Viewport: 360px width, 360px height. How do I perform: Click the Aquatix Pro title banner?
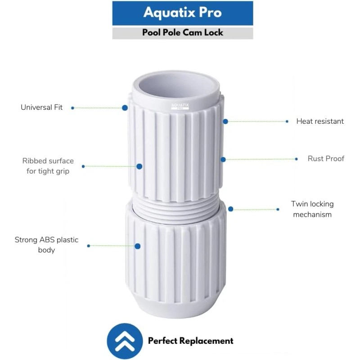point(182,13)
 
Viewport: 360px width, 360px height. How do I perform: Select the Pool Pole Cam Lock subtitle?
point(182,33)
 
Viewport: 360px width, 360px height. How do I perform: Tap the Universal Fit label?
point(41,108)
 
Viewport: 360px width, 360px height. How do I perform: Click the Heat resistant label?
point(319,121)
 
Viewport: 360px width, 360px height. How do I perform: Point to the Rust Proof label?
point(326,158)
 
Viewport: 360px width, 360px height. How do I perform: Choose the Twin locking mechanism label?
point(312,209)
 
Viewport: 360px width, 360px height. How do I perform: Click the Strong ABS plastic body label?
point(46,245)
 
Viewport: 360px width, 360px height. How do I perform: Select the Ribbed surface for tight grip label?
point(48,166)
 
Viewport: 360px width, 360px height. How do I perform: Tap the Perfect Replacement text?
point(191,341)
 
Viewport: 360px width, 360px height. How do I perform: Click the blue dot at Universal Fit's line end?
point(125,108)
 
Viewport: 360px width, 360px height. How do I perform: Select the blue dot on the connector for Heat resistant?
point(225,121)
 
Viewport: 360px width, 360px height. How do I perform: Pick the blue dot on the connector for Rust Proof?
point(222,159)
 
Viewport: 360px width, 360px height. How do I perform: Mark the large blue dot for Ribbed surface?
point(139,166)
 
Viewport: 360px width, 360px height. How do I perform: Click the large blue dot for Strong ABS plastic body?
point(138,246)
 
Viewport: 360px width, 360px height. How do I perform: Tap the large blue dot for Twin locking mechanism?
point(231,209)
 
